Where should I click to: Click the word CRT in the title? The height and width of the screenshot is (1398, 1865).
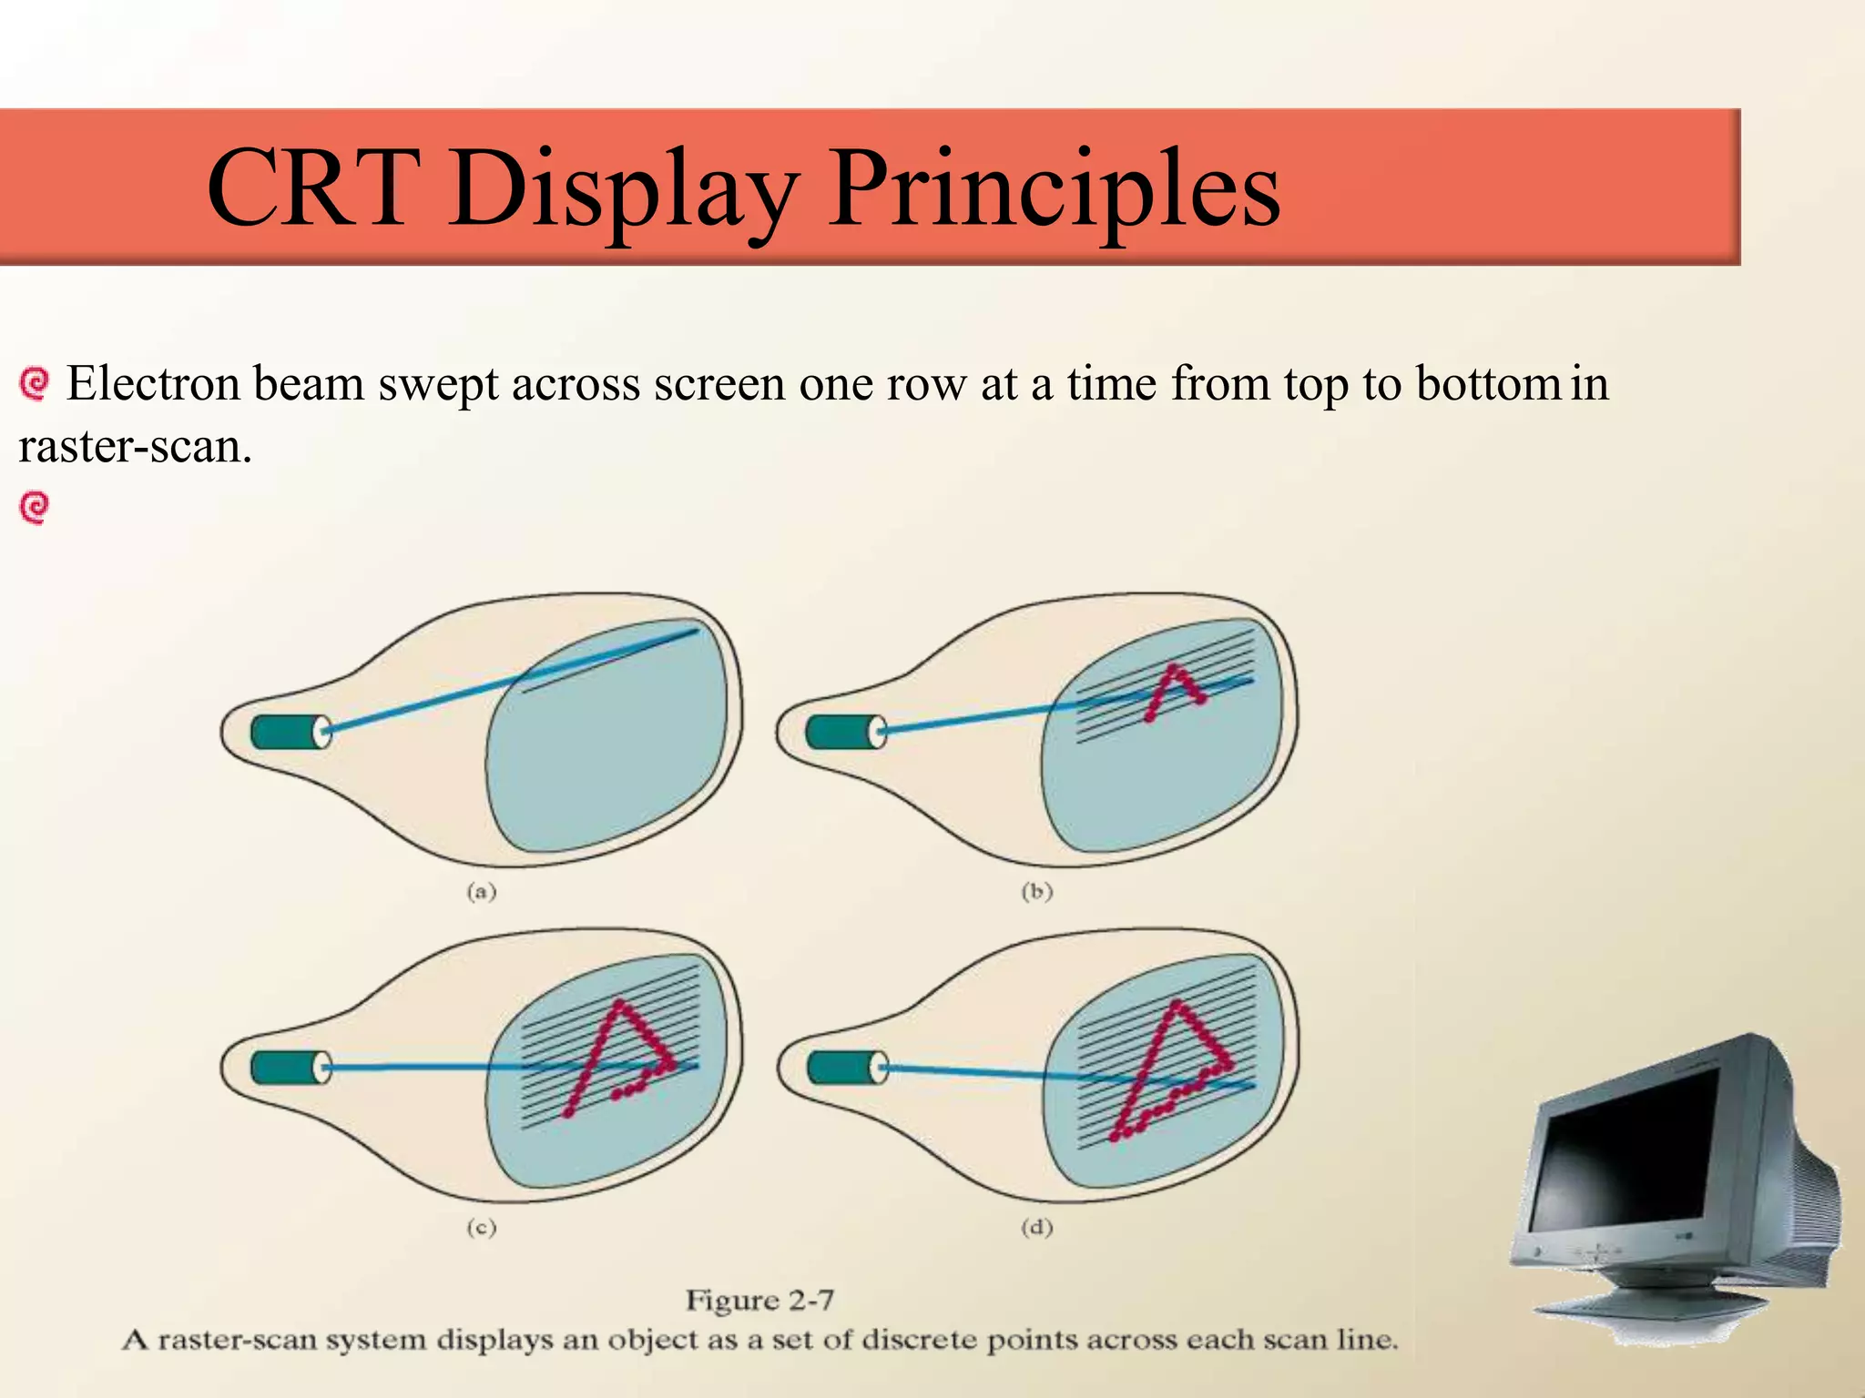[313, 189]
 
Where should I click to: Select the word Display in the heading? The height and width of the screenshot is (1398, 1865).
[623, 189]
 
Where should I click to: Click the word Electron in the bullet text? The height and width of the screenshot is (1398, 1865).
[153, 383]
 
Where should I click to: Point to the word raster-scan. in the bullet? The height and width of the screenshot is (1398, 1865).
[135, 447]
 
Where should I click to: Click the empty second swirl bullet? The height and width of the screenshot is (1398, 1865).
[35, 508]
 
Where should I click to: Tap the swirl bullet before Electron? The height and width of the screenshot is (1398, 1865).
[35, 383]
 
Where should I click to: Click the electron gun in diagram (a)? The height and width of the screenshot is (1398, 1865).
[290, 732]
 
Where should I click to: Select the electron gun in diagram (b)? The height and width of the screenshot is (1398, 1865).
[846, 732]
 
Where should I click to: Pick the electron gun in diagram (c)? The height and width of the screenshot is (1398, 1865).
[290, 1068]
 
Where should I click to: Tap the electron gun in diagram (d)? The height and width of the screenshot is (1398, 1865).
[846, 1068]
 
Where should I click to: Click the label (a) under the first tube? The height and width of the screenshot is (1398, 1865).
[482, 891]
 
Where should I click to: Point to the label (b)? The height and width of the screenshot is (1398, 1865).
[1036, 891]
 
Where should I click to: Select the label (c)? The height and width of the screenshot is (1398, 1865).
[482, 1227]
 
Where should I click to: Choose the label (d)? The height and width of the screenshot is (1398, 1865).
[1036, 1227]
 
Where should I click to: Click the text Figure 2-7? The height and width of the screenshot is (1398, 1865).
[759, 1300]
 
